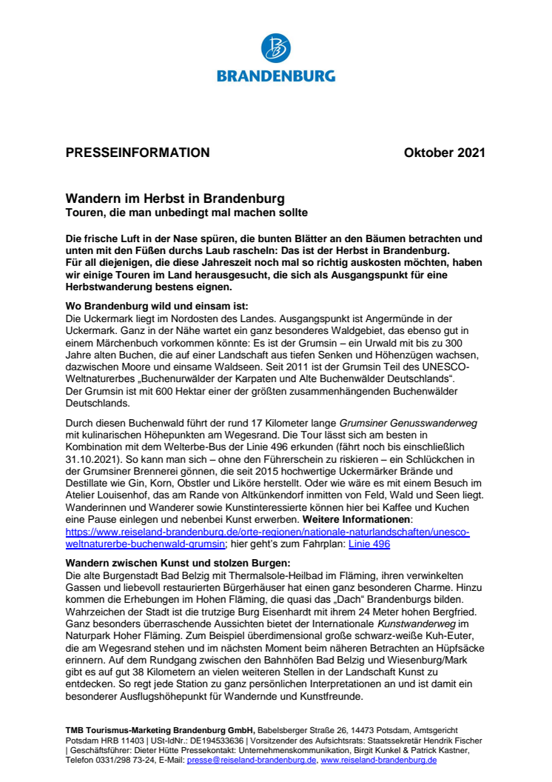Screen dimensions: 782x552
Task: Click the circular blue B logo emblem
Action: pos(275,48)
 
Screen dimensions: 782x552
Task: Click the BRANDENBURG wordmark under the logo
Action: pos(275,75)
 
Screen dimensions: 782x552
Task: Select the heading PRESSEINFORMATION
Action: pos(138,153)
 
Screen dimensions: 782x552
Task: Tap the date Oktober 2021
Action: pos(445,153)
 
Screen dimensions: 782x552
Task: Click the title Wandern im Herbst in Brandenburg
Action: pos(175,199)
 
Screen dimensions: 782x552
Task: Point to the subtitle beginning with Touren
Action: pos(186,213)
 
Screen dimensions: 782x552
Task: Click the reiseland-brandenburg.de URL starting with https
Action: pos(267,532)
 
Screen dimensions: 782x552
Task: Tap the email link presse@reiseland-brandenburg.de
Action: pos(252,761)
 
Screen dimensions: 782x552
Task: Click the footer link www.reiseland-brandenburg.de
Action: pos(378,761)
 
